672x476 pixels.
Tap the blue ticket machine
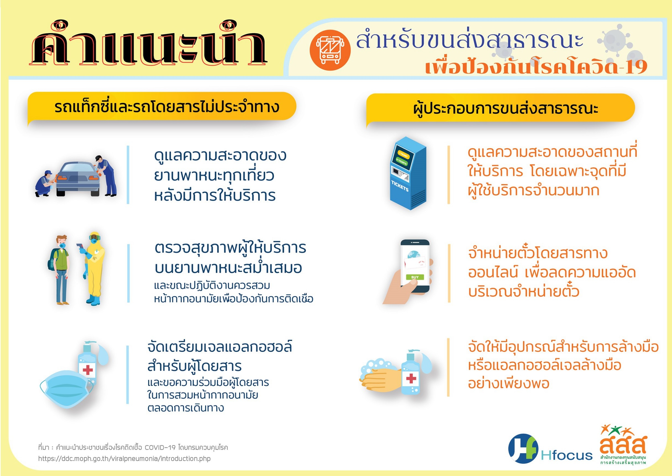(408, 173)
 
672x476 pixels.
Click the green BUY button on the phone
(415, 277)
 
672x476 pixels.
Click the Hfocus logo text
(566, 455)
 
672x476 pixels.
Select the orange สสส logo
(623, 448)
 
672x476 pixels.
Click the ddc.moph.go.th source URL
(124, 459)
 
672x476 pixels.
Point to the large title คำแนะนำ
(148, 44)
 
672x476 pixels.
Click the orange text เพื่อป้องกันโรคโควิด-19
(536, 67)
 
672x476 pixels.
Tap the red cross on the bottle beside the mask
(88, 370)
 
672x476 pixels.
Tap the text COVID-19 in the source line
(160, 448)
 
